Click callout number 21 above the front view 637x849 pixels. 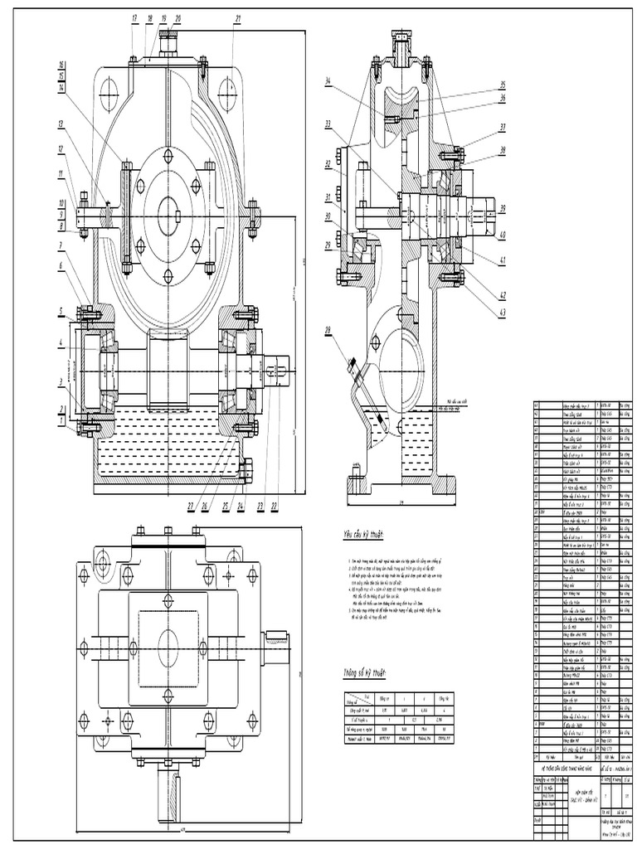(x=238, y=17)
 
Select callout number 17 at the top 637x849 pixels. (x=134, y=17)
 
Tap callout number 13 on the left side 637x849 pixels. (x=61, y=124)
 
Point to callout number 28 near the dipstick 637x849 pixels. (x=329, y=331)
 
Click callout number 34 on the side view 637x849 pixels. (x=328, y=81)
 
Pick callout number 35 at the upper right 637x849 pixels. (x=503, y=85)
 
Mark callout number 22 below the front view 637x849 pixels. (x=275, y=505)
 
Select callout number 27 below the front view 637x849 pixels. (x=191, y=505)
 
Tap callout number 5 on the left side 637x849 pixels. (x=61, y=312)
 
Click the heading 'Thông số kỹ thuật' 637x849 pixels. (x=366, y=672)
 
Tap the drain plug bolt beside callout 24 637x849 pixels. (x=246, y=470)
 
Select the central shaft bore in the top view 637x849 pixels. (x=168, y=644)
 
